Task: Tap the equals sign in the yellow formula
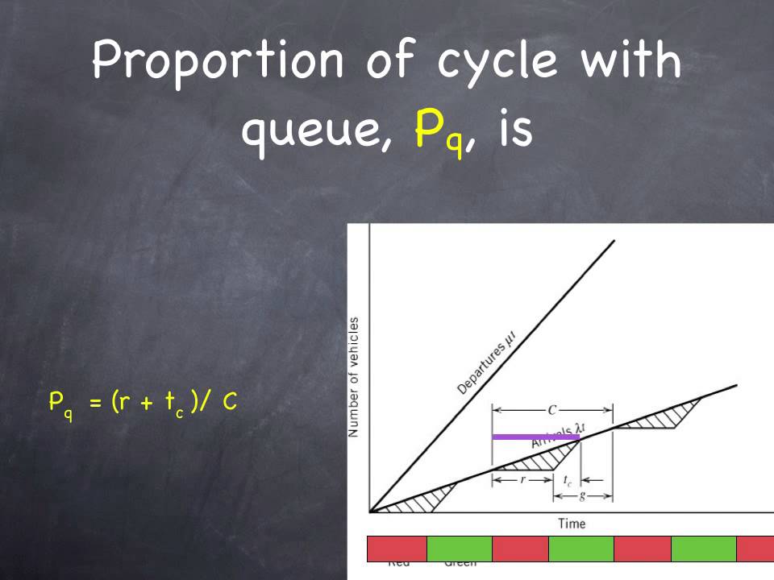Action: [x=95, y=401]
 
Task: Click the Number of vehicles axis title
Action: [x=354, y=377]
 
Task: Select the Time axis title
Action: [x=572, y=524]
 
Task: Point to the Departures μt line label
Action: [x=485, y=368]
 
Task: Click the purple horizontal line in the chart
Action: [x=535, y=437]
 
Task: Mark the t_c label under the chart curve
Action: [x=568, y=480]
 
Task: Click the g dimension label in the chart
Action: [x=582, y=495]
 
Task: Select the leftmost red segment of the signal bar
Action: [x=396, y=549]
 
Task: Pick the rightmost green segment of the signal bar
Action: [x=703, y=549]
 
